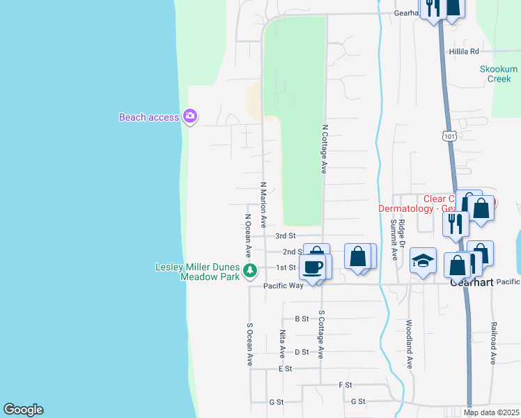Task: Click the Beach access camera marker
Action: click(x=189, y=116)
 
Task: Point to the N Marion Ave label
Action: click(x=263, y=206)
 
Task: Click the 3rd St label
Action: click(x=286, y=236)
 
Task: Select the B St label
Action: click(x=302, y=318)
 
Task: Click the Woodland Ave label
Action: click(x=410, y=344)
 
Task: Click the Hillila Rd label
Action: click(x=465, y=52)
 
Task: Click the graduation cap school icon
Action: click(x=423, y=261)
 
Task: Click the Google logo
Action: click(x=23, y=410)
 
